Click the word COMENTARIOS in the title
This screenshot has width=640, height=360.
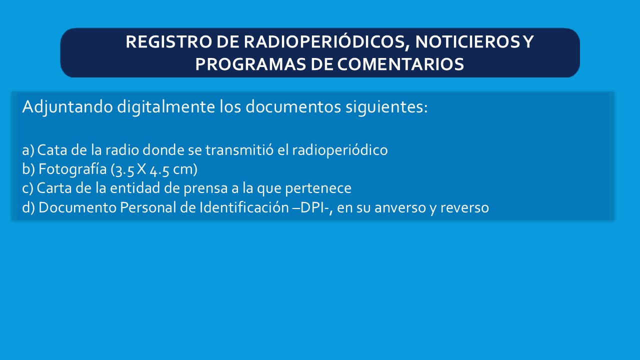pyautogui.click(x=400, y=64)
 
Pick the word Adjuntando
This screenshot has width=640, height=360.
pyautogui.click(x=67, y=107)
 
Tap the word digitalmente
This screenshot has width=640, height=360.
pyautogui.click(x=166, y=107)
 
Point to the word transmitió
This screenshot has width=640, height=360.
pyautogui.click(x=239, y=150)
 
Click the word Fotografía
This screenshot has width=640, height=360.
pyautogui.click(x=72, y=169)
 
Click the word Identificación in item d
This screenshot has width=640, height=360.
pyautogui.click(x=244, y=207)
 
